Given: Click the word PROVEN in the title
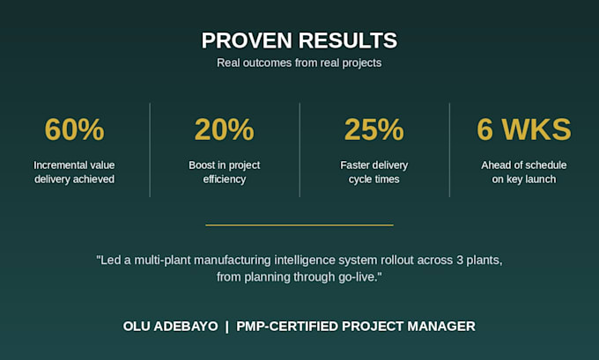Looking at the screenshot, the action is (247, 40).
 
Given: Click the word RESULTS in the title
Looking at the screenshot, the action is (348, 40).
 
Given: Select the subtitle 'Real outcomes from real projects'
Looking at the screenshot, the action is (299, 63).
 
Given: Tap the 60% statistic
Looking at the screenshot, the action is (75, 129).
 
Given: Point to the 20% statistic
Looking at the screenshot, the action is (225, 129).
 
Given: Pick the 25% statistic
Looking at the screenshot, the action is (374, 129).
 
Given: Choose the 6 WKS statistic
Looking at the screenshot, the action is (524, 129).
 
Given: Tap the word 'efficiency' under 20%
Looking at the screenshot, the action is (225, 180).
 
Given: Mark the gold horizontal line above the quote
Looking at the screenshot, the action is (299, 225).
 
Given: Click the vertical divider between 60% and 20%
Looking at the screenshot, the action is (150, 150).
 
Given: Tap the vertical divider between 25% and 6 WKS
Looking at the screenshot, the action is (449, 150).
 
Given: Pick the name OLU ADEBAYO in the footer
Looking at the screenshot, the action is (170, 327).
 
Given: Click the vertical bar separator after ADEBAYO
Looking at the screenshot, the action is (227, 327).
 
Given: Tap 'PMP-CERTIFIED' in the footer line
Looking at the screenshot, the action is (287, 327).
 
